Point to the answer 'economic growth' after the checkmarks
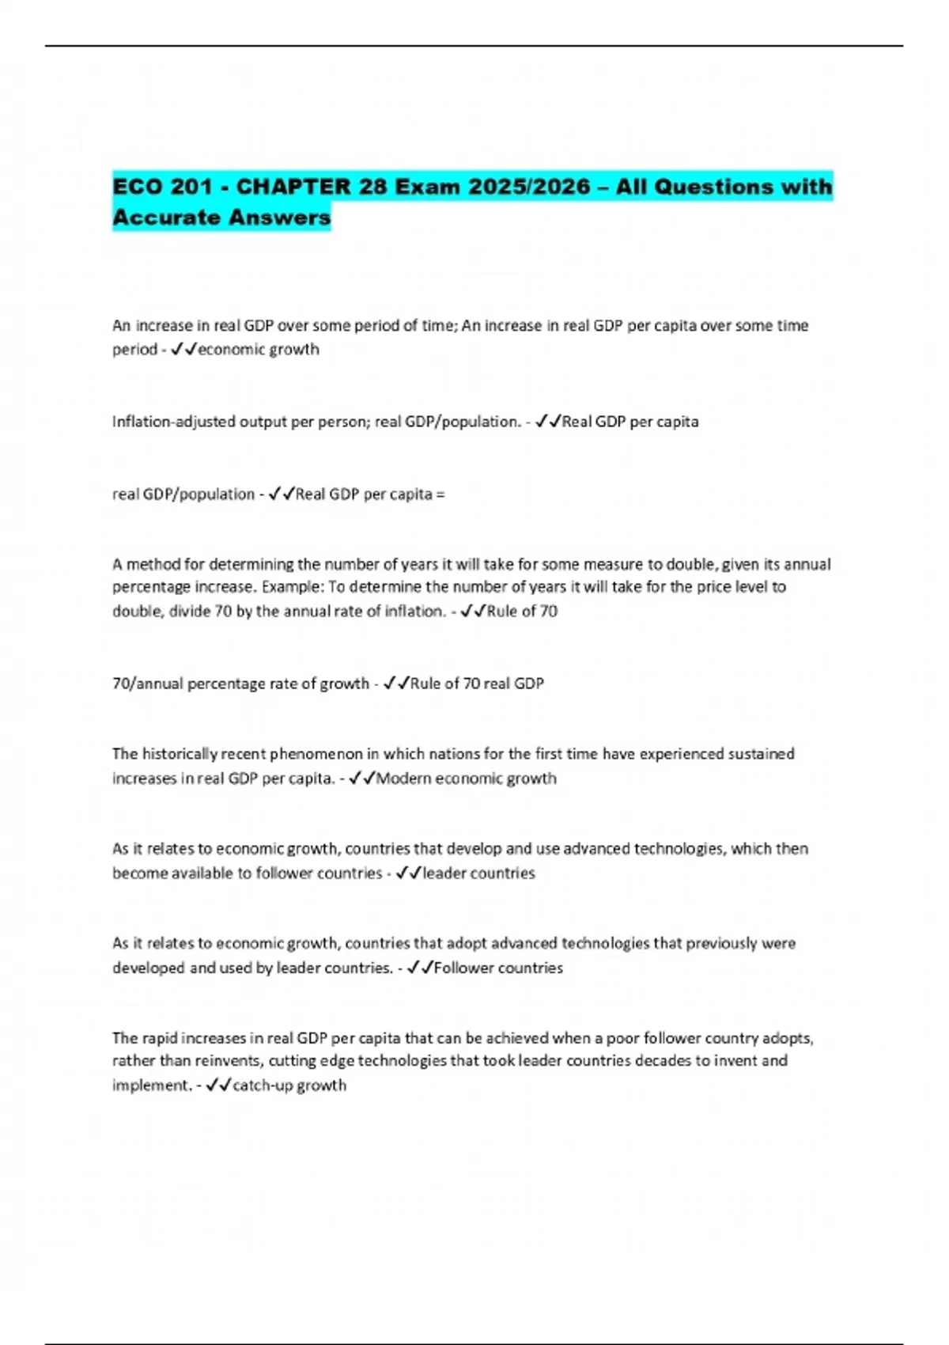point(259,350)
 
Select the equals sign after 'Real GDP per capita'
point(440,494)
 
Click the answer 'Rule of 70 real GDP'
point(477,684)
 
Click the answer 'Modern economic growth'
point(466,779)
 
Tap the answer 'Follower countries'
point(498,968)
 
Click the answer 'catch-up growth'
point(289,1085)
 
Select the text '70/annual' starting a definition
point(147,684)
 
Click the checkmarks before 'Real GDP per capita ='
point(282,494)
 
